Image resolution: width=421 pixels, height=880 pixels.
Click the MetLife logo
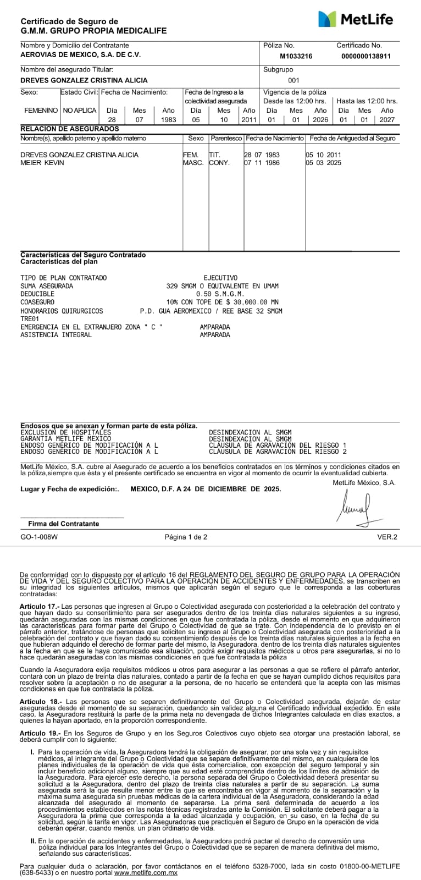pyautogui.click(x=356, y=19)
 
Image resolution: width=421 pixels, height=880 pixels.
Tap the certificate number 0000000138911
pyautogui.click(x=366, y=56)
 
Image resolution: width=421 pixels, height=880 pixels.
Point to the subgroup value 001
pyautogui.click(x=293, y=80)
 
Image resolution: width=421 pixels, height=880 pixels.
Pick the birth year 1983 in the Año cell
pyautogui.click(x=169, y=119)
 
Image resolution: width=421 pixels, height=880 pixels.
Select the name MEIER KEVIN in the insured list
pyautogui.click(x=42, y=163)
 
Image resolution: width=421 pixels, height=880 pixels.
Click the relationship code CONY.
pyautogui.click(x=219, y=163)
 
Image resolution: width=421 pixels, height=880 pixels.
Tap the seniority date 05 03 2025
pyautogui.click(x=324, y=163)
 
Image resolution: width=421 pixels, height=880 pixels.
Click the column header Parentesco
pyautogui.click(x=226, y=139)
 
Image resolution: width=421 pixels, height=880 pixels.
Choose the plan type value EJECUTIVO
pyautogui.click(x=220, y=278)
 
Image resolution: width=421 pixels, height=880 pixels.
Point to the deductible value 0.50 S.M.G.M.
pyautogui.click(x=220, y=294)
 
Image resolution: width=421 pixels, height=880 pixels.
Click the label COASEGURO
pyautogui.click(x=37, y=302)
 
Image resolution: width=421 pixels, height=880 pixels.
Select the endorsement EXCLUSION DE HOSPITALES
pyautogui.click(x=65, y=433)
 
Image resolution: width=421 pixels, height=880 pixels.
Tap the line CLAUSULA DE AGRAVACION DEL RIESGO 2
pyautogui.click(x=278, y=452)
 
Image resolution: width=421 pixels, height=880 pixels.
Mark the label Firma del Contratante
pyautogui.click(x=64, y=524)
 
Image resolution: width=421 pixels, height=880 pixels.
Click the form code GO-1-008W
pyautogui.click(x=39, y=537)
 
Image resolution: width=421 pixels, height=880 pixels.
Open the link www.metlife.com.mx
pyautogui.click(x=146, y=873)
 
